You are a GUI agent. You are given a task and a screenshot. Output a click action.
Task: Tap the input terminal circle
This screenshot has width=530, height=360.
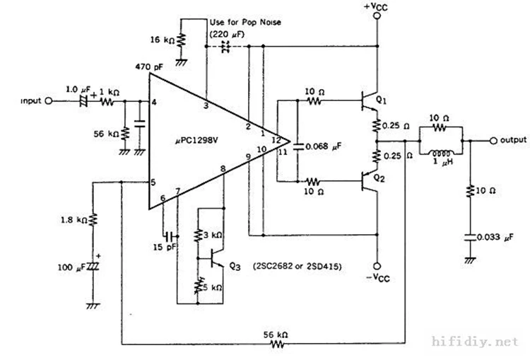48,101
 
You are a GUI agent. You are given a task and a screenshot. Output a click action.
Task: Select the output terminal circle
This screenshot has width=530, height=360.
492,140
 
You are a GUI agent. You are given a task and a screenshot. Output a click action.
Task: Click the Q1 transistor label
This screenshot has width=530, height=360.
380,100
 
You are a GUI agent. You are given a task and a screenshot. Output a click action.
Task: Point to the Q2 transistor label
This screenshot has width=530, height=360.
380,178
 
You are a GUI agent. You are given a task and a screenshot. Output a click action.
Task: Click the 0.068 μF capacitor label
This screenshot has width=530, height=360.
324,147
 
